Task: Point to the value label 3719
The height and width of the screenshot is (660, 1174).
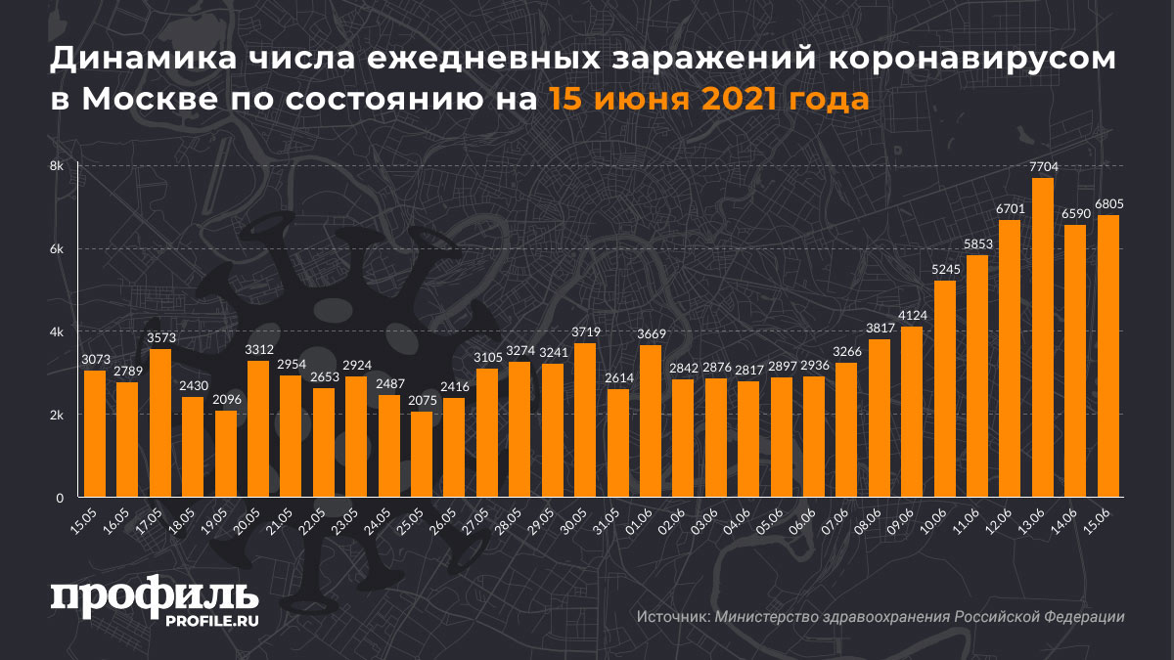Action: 585,333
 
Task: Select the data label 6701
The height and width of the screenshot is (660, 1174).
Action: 1010,210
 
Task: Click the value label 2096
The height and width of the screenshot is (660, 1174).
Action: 226,401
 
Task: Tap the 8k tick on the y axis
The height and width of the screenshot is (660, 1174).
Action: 57,166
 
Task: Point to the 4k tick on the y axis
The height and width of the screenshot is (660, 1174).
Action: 57,332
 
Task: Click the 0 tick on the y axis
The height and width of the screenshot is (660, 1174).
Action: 60,499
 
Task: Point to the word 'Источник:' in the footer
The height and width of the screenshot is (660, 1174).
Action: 672,617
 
